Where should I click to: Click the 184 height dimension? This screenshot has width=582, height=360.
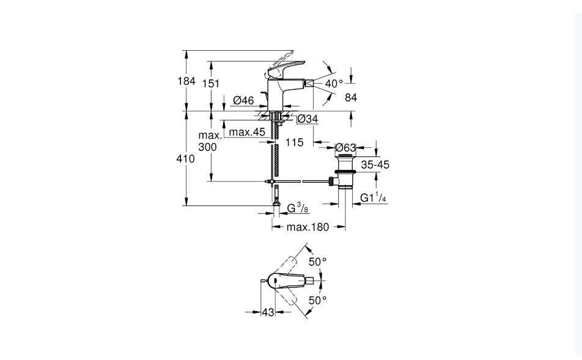click(x=186, y=81)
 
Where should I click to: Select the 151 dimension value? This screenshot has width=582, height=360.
click(x=211, y=84)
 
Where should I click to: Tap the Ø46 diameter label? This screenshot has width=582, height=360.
click(x=243, y=100)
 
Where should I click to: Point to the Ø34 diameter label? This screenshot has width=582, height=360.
click(x=308, y=119)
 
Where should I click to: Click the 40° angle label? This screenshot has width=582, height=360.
click(x=334, y=84)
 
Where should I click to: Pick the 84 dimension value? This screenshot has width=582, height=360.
click(x=351, y=97)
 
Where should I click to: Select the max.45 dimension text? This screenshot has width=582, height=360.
click(x=247, y=132)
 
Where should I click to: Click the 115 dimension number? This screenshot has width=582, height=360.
click(x=295, y=142)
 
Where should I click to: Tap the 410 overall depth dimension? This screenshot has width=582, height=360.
click(x=186, y=159)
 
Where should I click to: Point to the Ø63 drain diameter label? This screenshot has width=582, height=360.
click(x=345, y=148)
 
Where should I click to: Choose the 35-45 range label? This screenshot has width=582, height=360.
click(x=375, y=164)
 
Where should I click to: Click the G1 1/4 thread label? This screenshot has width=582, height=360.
click(x=374, y=198)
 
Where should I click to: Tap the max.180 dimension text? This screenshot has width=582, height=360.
click(x=308, y=227)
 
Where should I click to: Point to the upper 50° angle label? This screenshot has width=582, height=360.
click(x=318, y=262)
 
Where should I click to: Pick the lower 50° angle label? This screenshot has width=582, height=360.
click(x=318, y=300)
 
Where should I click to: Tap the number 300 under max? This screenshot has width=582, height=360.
click(x=207, y=147)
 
